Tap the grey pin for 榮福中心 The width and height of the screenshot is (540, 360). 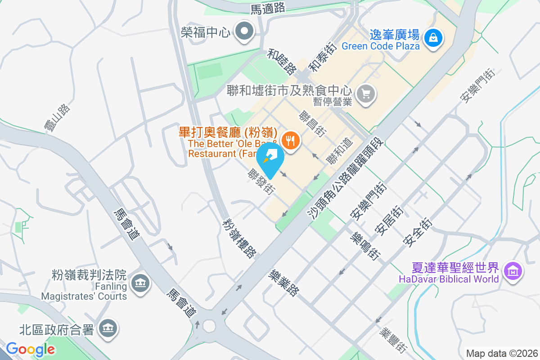tap(245, 31)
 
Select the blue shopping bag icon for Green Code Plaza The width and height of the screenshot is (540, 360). tap(433, 37)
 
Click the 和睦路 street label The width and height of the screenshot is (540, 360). tap(282, 62)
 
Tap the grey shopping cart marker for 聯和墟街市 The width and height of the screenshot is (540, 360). tap(365, 94)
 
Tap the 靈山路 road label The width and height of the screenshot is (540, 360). tap(57, 118)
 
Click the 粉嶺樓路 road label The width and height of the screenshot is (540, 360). tap(239, 238)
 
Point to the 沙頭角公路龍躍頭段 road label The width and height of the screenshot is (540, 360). tap(347, 179)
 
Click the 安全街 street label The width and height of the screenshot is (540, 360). tap(418, 232)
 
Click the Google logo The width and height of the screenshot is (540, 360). tap(30, 349)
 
